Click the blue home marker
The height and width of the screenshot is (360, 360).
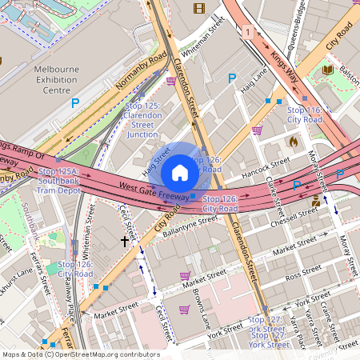click(x=180, y=172)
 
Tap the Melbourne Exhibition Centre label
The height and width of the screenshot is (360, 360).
click(x=57, y=80)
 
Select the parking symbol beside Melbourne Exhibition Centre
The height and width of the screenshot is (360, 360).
click(x=75, y=103)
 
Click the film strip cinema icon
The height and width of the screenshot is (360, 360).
click(x=198, y=9)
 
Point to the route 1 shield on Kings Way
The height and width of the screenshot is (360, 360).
click(x=249, y=32)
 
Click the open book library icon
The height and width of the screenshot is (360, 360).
click(x=328, y=70)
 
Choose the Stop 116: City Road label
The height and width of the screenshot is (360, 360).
click(x=305, y=114)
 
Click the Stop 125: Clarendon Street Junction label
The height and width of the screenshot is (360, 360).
click(x=143, y=120)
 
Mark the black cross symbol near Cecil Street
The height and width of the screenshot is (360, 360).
click(x=125, y=239)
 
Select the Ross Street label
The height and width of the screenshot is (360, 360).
click(x=303, y=275)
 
